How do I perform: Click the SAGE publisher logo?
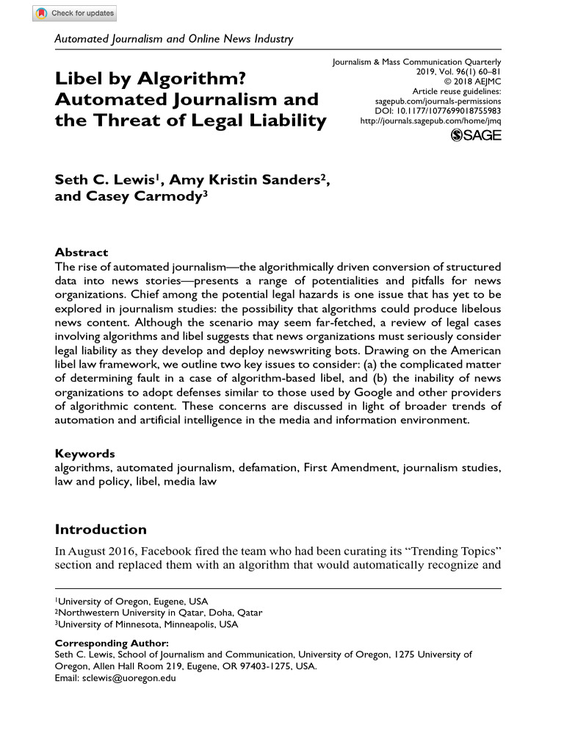tap(476, 135)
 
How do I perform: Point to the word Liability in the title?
tap(283, 120)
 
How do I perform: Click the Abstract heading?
tap(82, 251)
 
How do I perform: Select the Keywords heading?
tap(84, 454)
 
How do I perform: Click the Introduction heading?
tap(101, 529)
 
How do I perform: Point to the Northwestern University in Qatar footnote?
tap(159, 613)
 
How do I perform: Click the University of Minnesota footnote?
tap(147, 624)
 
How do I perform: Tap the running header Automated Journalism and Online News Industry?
tap(174, 39)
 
